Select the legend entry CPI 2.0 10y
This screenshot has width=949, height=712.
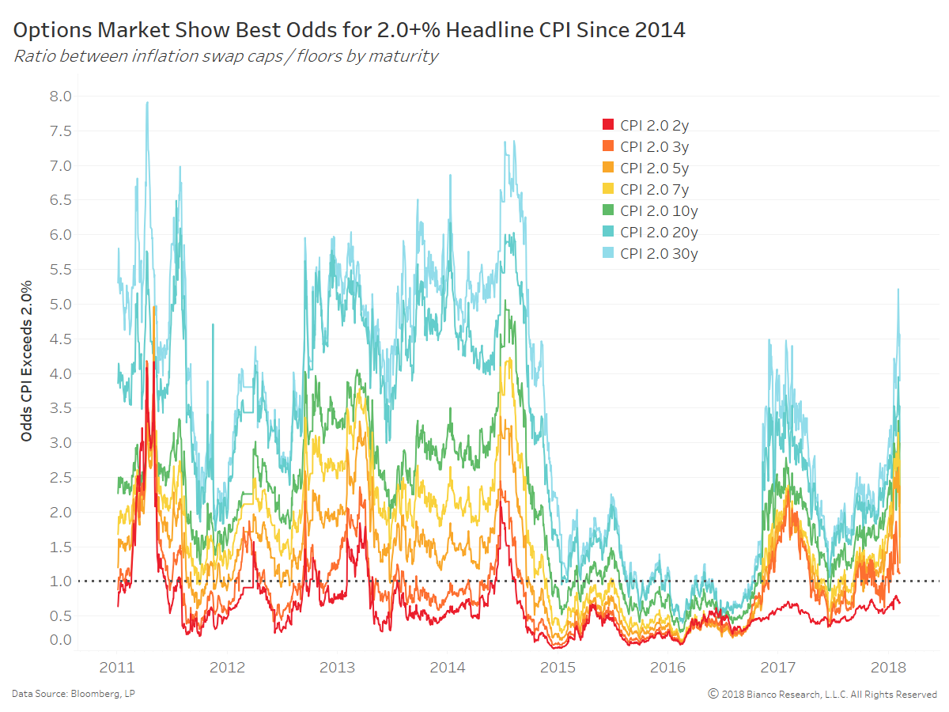(659, 210)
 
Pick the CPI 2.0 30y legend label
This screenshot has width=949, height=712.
(659, 253)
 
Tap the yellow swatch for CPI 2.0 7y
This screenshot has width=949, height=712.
(608, 189)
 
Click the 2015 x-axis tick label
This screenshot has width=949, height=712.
(558, 667)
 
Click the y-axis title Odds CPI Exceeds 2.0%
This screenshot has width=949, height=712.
(28, 360)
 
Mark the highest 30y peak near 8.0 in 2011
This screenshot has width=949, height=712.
(147, 102)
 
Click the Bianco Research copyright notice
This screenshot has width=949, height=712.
(822, 694)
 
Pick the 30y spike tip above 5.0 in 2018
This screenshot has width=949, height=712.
(898, 290)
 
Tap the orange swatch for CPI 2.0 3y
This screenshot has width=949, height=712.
(608, 146)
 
